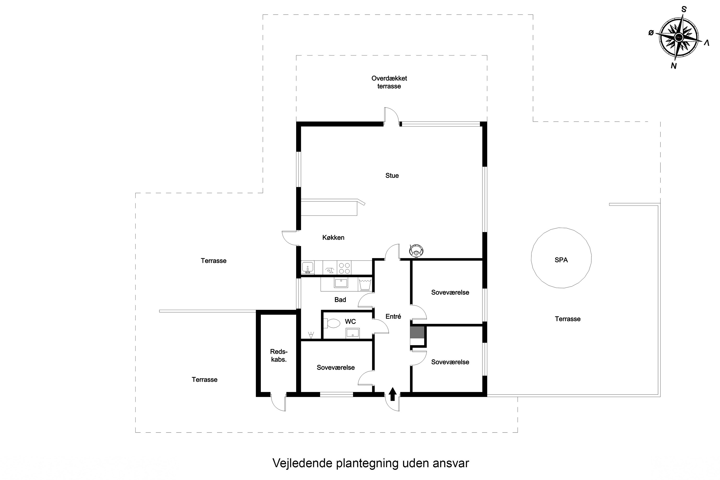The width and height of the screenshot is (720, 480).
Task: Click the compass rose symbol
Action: click(679, 38)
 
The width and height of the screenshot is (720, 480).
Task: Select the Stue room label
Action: click(392, 175)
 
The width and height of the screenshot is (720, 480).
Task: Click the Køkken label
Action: click(333, 238)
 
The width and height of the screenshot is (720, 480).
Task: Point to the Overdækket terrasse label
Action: click(389, 82)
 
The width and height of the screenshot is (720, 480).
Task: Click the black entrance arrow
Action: click(392, 394)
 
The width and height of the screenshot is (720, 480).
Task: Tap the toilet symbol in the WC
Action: click(332, 323)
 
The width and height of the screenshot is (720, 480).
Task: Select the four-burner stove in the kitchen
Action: click(344, 268)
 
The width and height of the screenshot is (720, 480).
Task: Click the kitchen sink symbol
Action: click(307, 268)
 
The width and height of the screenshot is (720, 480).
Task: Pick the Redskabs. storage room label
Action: click(279, 355)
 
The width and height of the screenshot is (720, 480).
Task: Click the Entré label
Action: click(393, 317)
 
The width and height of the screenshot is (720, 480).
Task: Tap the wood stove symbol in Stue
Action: click(416, 250)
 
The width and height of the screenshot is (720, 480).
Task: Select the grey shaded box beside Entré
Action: click(417, 332)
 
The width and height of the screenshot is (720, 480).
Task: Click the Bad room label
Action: click(340, 300)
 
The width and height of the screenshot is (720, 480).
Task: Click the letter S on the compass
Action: click(684, 10)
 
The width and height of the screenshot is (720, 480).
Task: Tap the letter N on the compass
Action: click(673, 66)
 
